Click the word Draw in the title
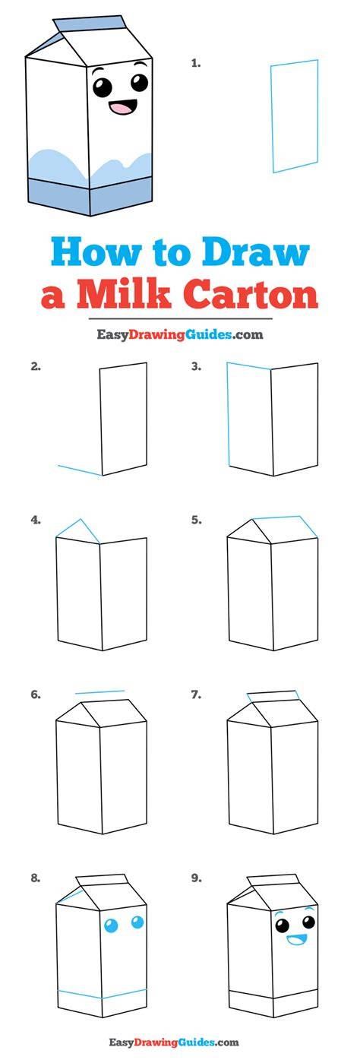(x=256, y=252)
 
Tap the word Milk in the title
(x=123, y=294)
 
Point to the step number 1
(x=196, y=62)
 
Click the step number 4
(x=36, y=520)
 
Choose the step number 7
(x=196, y=694)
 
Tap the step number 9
(x=196, y=878)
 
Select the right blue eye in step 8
(x=137, y=923)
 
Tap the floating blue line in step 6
(x=99, y=692)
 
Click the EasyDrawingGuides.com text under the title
(x=180, y=335)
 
